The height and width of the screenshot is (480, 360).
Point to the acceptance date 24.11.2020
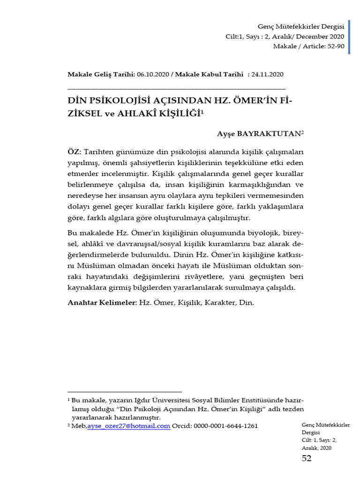tap(267, 74)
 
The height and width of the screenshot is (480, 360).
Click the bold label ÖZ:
tap(75, 152)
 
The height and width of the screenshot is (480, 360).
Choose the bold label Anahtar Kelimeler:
tap(102, 303)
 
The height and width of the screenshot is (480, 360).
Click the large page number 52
tap(307, 458)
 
